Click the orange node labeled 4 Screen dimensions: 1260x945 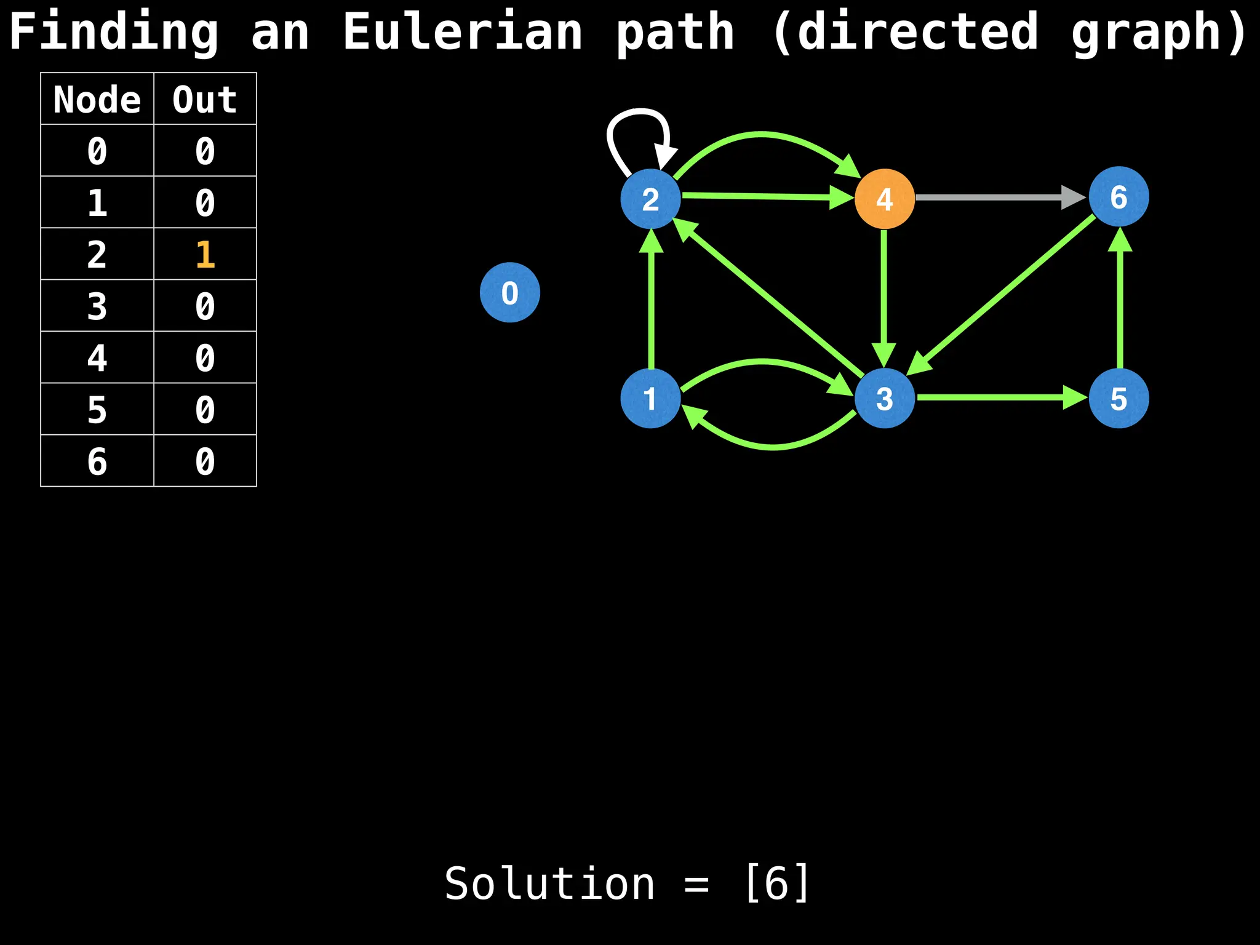884,199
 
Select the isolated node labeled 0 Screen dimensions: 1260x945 509,292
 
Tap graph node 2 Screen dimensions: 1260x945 650,199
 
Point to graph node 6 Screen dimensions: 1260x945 1118,197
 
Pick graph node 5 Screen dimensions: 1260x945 1118,398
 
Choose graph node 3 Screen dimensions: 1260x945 884,398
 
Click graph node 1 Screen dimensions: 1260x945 650,398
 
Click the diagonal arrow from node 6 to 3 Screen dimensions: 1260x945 1009,289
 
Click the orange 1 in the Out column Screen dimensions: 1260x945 205,254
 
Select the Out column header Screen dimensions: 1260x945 205,99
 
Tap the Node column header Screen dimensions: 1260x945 97,99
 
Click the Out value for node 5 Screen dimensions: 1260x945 205,409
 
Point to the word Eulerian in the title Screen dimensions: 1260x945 462,32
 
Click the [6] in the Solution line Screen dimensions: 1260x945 776,883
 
